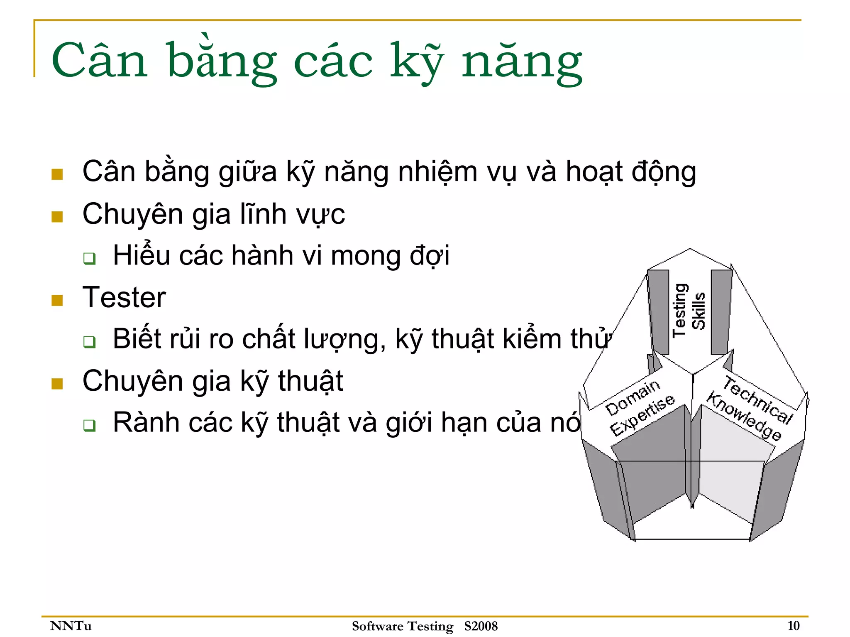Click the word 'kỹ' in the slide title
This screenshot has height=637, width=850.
point(417,62)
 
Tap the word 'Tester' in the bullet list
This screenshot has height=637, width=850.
point(124,298)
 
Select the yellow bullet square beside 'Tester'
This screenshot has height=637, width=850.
point(57,300)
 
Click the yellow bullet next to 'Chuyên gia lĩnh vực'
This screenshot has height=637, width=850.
point(57,217)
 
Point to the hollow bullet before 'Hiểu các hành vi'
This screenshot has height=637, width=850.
point(89,258)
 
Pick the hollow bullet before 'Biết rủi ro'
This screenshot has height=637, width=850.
point(89,342)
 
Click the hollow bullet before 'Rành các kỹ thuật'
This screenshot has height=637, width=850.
point(89,425)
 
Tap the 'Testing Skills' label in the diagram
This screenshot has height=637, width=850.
point(689,310)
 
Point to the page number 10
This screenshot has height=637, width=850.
point(793,625)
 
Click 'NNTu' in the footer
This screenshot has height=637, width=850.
point(71,625)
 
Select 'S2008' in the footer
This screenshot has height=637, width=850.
point(481,626)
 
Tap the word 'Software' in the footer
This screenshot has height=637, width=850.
point(377,626)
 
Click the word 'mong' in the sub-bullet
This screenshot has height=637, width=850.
point(366,256)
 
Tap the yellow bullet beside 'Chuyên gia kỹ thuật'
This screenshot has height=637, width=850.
point(57,384)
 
